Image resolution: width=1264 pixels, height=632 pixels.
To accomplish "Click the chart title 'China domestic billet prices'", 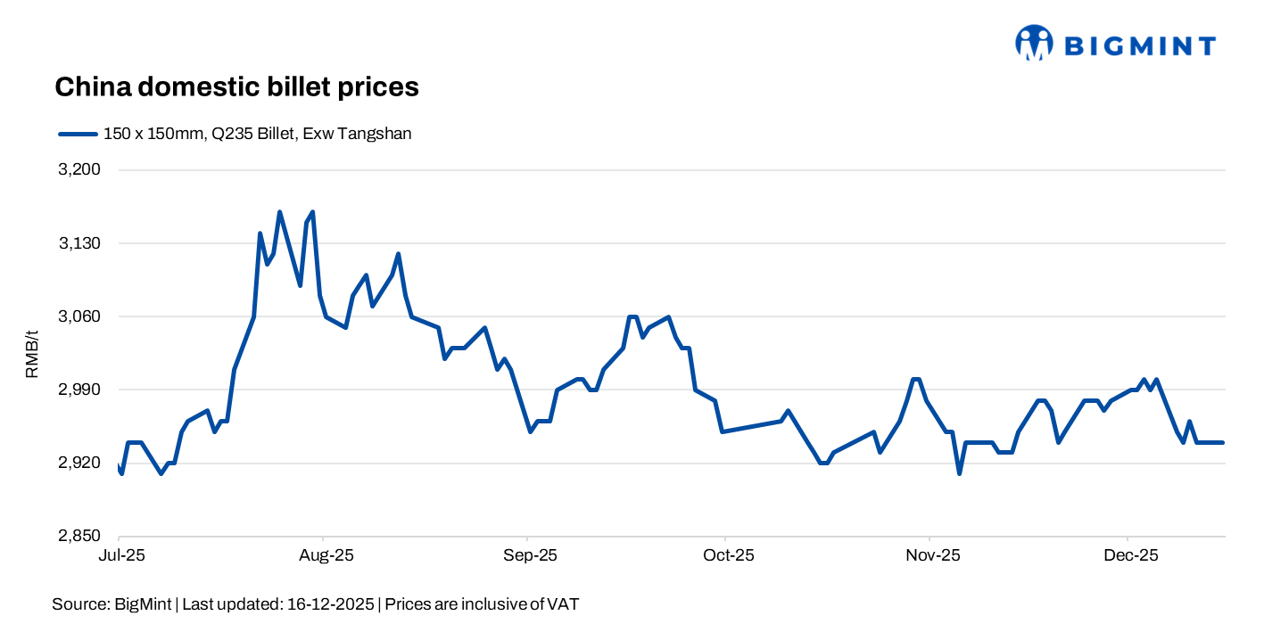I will pos(236,87).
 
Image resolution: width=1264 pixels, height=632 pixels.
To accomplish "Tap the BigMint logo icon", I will pos(1034,43).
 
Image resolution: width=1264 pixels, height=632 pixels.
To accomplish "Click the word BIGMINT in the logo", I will pos(1140,45).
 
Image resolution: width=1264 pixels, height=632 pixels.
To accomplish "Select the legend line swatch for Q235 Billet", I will pos(77,135).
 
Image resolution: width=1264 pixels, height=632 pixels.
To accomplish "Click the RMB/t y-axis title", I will pos(32,354).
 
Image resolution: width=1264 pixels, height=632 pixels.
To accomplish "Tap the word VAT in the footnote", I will pos(563,604).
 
